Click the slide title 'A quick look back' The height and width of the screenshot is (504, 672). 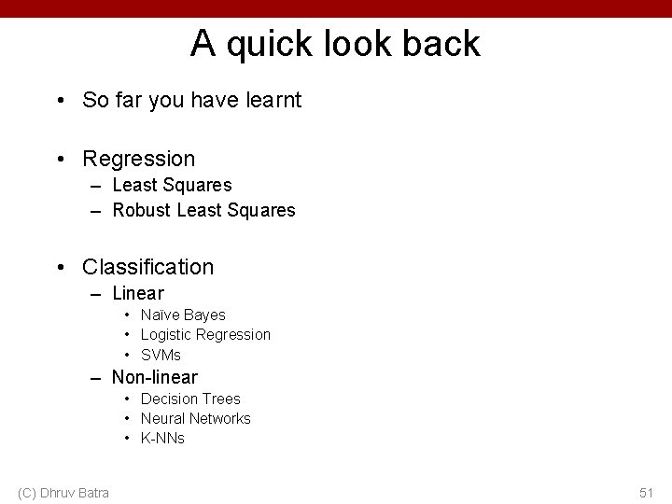pos(335,43)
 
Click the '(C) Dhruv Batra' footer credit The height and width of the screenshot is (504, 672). pos(63,492)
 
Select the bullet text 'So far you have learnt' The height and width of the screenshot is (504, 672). pos(191,100)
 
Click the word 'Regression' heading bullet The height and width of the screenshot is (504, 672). pos(138,159)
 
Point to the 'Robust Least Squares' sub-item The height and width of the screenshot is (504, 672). pos(203,210)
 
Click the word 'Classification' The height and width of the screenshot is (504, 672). pos(147,267)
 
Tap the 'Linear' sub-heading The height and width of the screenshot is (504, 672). pos(137,293)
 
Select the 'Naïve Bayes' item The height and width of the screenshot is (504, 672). pos(183,315)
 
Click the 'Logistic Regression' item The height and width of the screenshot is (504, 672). pos(205,334)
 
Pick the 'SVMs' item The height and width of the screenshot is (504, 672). pos(161,355)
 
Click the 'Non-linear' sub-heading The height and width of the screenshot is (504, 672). pos(154,377)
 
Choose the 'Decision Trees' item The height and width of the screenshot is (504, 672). pos(190,399)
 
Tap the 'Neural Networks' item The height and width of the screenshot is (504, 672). pos(195,418)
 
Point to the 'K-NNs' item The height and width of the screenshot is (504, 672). pos(162,438)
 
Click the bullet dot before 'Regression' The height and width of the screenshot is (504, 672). pos(59,160)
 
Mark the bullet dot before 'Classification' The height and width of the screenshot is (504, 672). pos(59,268)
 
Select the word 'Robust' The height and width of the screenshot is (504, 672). pos(141,210)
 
